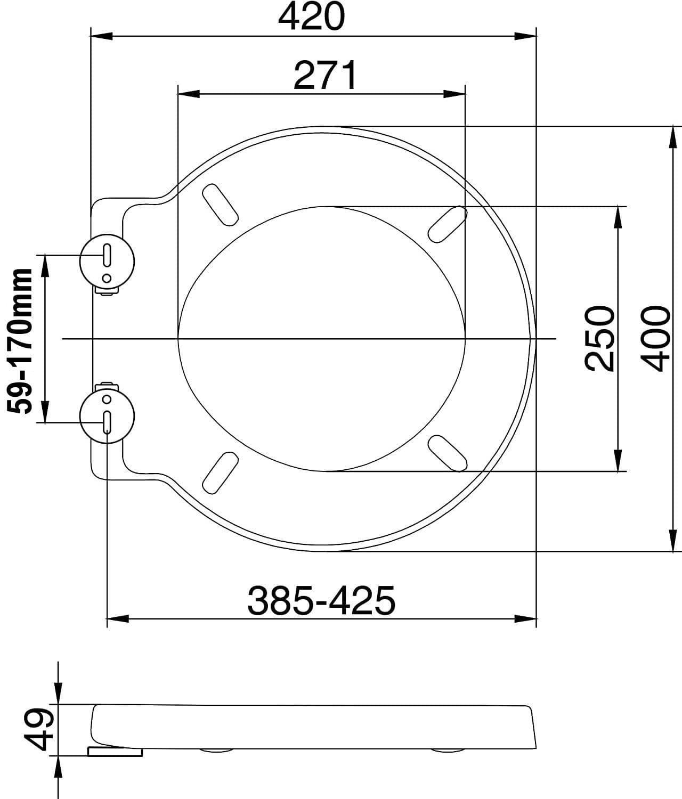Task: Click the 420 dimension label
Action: pyautogui.click(x=312, y=17)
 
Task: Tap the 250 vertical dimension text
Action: pyautogui.click(x=600, y=338)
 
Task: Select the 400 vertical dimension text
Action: pyautogui.click(x=654, y=338)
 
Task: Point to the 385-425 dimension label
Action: pyautogui.click(x=321, y=600)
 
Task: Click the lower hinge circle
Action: pyautogui.click(x=107, y=416)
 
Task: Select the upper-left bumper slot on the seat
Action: pyautogui.click(x=220, y=205)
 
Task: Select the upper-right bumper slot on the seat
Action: pyautogui.click(x=448, y=224)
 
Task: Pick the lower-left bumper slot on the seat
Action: pyautogui.click(x=220, y=472)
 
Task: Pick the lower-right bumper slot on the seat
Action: pyautogui.click(x=448, y=453)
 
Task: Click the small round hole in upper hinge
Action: pyautogui.click(x=107, y=278)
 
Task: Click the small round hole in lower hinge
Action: pyautogui.click(x=107, y=398)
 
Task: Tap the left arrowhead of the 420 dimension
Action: pyautogui.click(x=101, y=36)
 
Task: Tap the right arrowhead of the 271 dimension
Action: pyautogui.click(x=455, y=94)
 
